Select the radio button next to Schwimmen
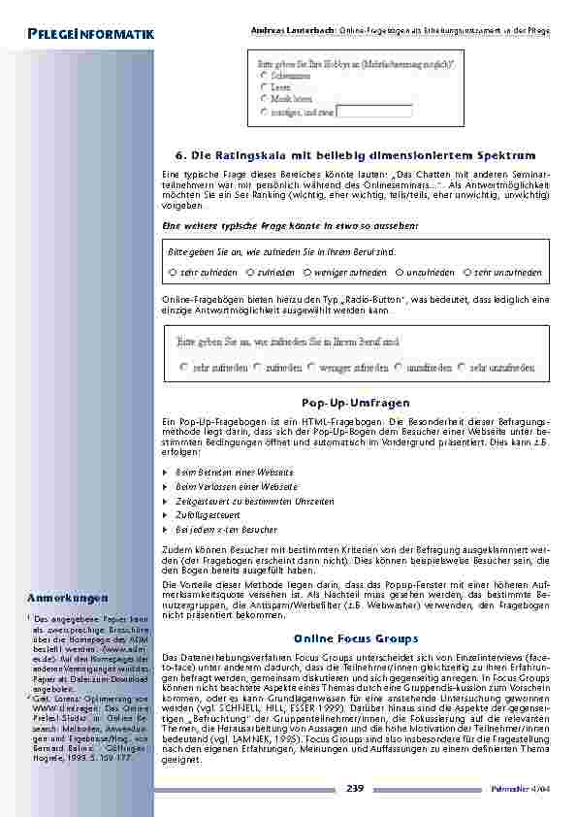[x=266, y=74]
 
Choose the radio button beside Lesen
[x=266, y=86]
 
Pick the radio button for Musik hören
[x=266, y=99]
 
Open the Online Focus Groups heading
[x=356, y=638]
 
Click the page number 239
[x=355, y=789]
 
